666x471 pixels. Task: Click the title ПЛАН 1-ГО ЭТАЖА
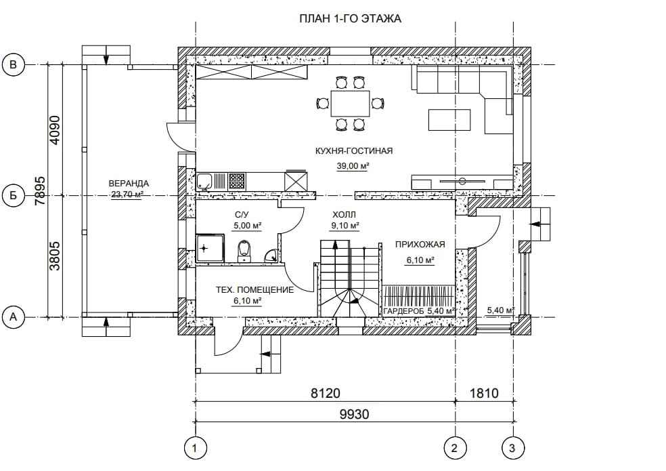coord(350,19)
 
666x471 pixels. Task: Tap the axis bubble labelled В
coord(13,64)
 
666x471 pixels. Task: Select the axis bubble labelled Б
coord(13,196)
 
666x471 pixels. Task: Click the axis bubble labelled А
coord(13,317)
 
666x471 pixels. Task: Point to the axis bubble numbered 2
coord(455,448)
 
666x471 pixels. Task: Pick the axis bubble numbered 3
coord(512,448)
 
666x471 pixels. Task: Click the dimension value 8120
coord(326,392)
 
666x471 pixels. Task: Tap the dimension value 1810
coord(484,392)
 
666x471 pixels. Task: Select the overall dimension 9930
coord(354,414)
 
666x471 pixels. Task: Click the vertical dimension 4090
coord(56,129)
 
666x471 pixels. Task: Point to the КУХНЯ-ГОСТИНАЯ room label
coord(354,150)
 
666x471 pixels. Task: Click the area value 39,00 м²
coord(353,166)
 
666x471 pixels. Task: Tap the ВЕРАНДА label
coord(129,184)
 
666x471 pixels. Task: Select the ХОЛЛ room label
coord(344,215)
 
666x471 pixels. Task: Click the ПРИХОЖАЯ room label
coord(420,245)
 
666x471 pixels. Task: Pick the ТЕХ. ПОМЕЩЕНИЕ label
coord(255,290)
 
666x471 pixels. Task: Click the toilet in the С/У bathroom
coord(244,251)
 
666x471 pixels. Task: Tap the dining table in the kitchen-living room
coord(351,104)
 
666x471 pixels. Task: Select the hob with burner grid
coord(237,181)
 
